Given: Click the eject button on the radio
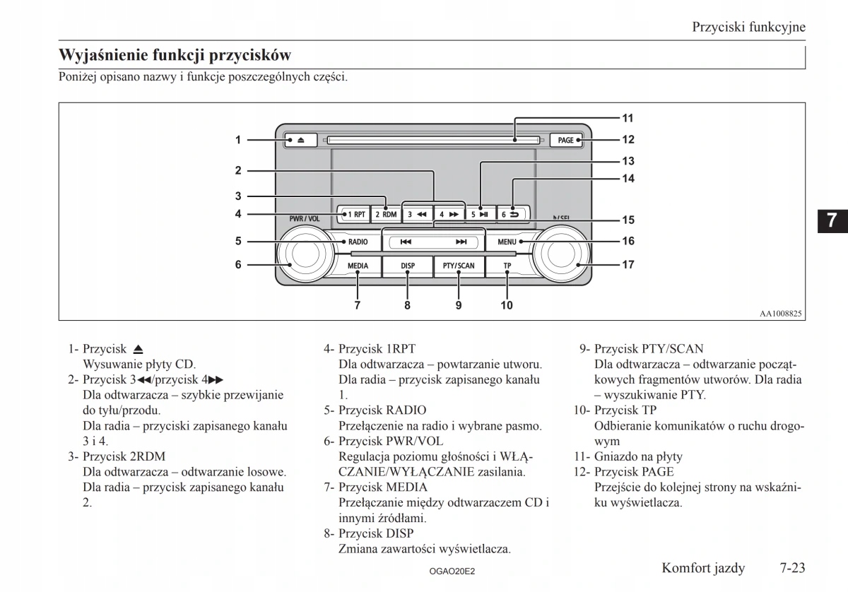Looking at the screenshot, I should tap(300, 140).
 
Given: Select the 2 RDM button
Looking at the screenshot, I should tap(385, 213).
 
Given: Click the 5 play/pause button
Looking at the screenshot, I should tap(479, 213).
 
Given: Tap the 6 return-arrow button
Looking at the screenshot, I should tap(510, 213).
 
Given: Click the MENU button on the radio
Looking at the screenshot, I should tap(507, 242).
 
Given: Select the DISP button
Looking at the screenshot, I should tap(408, 266).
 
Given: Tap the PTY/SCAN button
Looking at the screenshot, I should tap(459, 266).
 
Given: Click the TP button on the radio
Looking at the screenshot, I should tap(507, 266).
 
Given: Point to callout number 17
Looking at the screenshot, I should tap(628, 265).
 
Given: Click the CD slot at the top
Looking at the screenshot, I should tap(431, 140).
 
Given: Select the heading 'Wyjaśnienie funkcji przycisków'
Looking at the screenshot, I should tap(175, 54).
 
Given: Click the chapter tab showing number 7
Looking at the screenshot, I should tap(832, 220).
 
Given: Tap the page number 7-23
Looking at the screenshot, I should tap(793, 567).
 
